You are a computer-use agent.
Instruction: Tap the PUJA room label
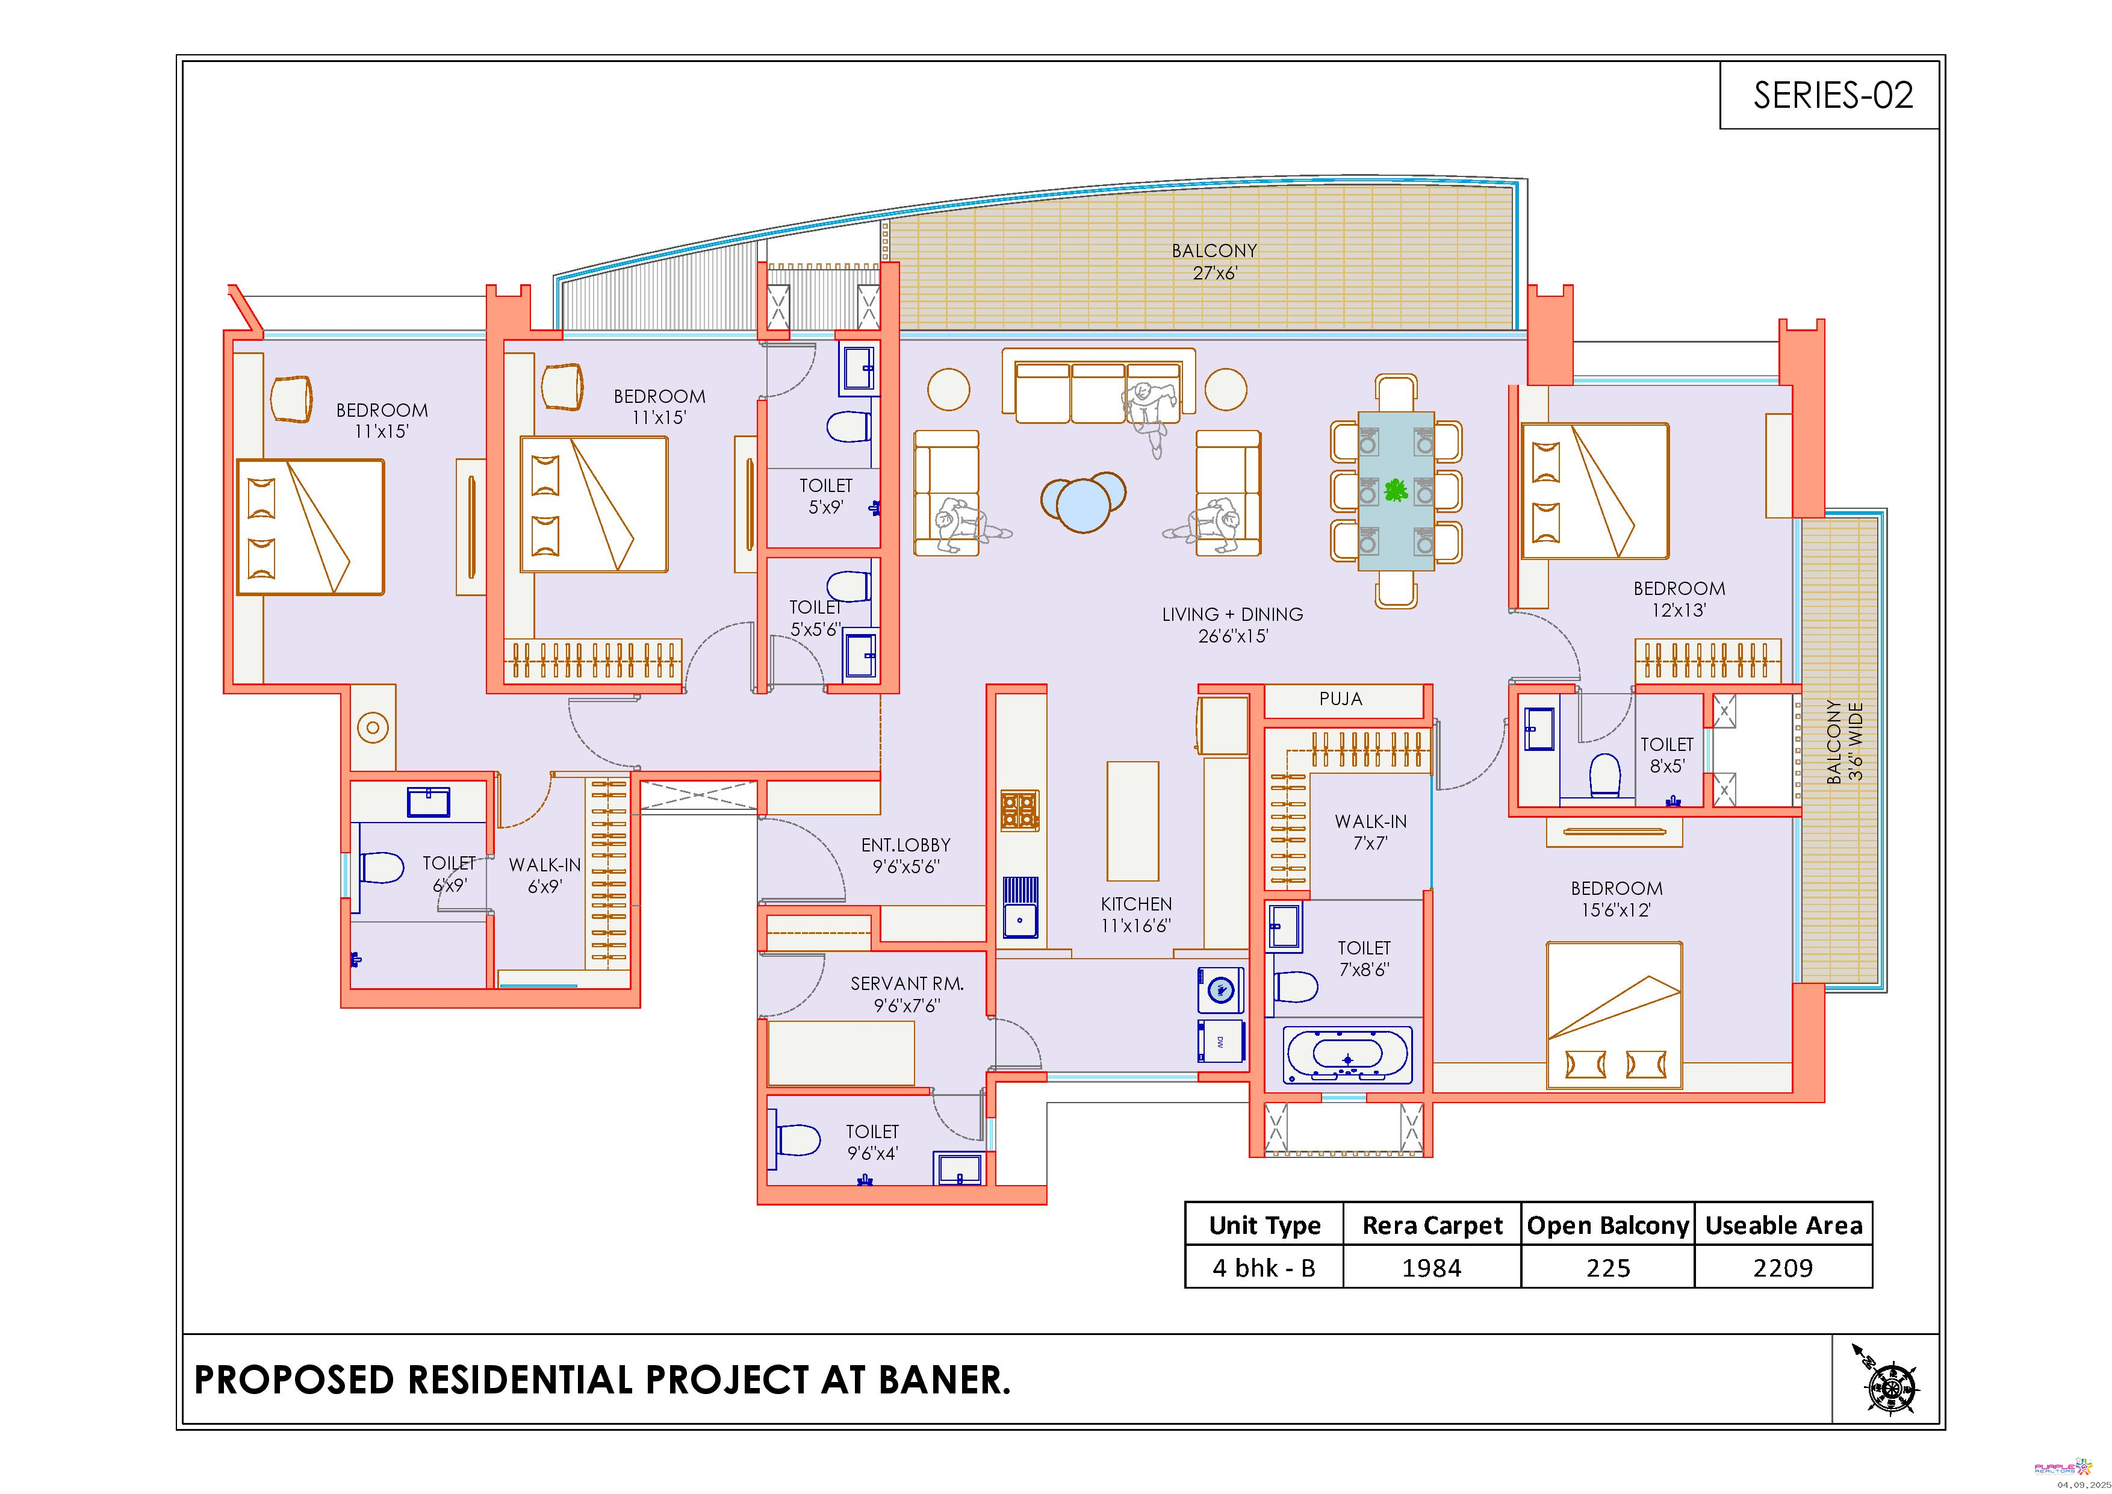coord(1340,699)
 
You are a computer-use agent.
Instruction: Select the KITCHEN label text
coord(1136,904)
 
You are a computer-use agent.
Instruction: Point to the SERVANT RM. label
coord(907,983)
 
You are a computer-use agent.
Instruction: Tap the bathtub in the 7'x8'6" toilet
coord(1347,1055)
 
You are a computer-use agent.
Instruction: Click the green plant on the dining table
coord(1396,490)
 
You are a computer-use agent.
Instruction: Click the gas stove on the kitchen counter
coord(1020,811)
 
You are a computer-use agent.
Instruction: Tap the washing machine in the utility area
coord(1220,990)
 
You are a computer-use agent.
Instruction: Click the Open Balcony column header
coord(1608,1225)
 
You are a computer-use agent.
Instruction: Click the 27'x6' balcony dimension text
coord(1214,273)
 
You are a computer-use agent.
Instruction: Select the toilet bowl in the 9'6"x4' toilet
coord(798,1141)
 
